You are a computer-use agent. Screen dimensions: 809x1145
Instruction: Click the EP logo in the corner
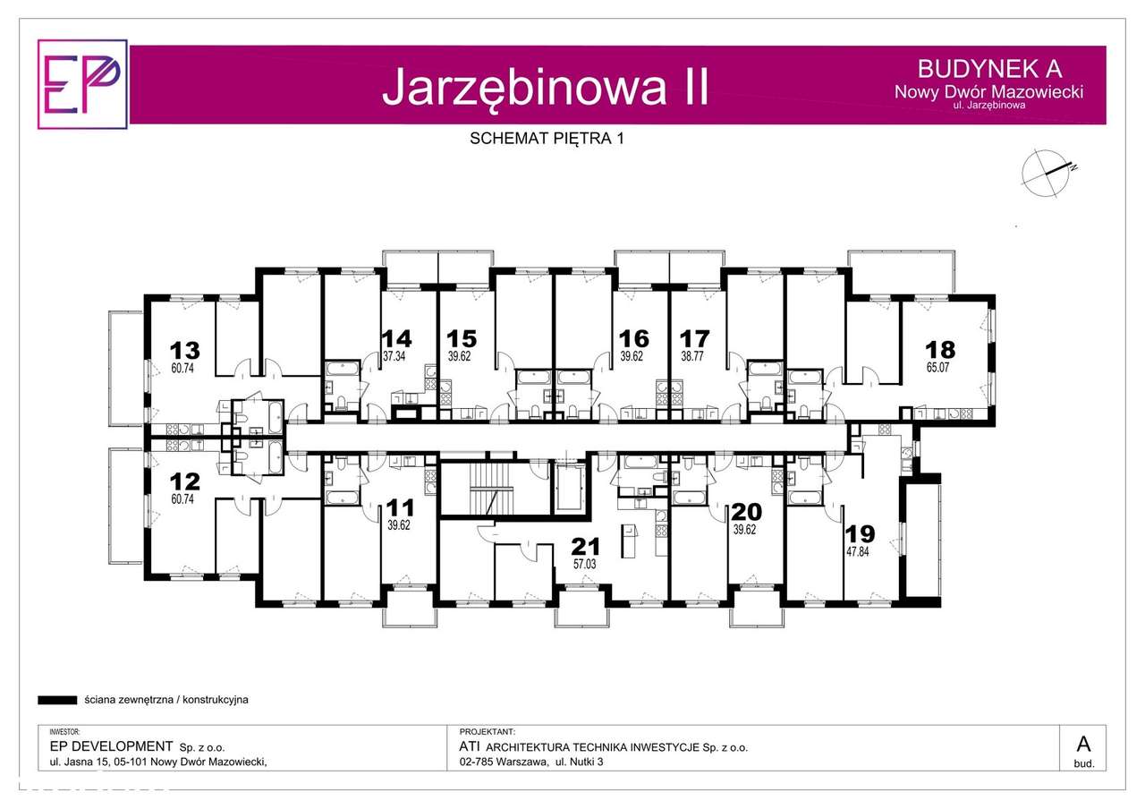[82, 84]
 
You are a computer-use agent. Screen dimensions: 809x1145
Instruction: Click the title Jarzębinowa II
[545, 87]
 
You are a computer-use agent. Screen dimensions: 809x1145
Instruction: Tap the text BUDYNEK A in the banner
[989, 68]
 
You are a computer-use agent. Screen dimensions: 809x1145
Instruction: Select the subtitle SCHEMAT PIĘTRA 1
[545, 138]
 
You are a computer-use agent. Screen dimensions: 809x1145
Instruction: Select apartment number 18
[940, 350]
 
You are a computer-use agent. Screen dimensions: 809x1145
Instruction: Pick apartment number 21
[587, 546]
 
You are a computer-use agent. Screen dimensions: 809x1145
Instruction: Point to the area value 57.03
[587, 564]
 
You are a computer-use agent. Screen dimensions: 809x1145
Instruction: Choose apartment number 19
[860, 534]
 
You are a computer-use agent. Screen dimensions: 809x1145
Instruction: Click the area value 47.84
[860, 552]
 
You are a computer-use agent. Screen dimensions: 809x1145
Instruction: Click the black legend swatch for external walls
[57, 700]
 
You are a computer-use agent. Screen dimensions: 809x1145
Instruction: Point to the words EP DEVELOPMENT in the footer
[110, 746]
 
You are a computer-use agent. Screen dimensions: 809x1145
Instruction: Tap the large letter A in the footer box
[1083, 744]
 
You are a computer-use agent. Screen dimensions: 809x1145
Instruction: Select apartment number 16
[633, 338]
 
